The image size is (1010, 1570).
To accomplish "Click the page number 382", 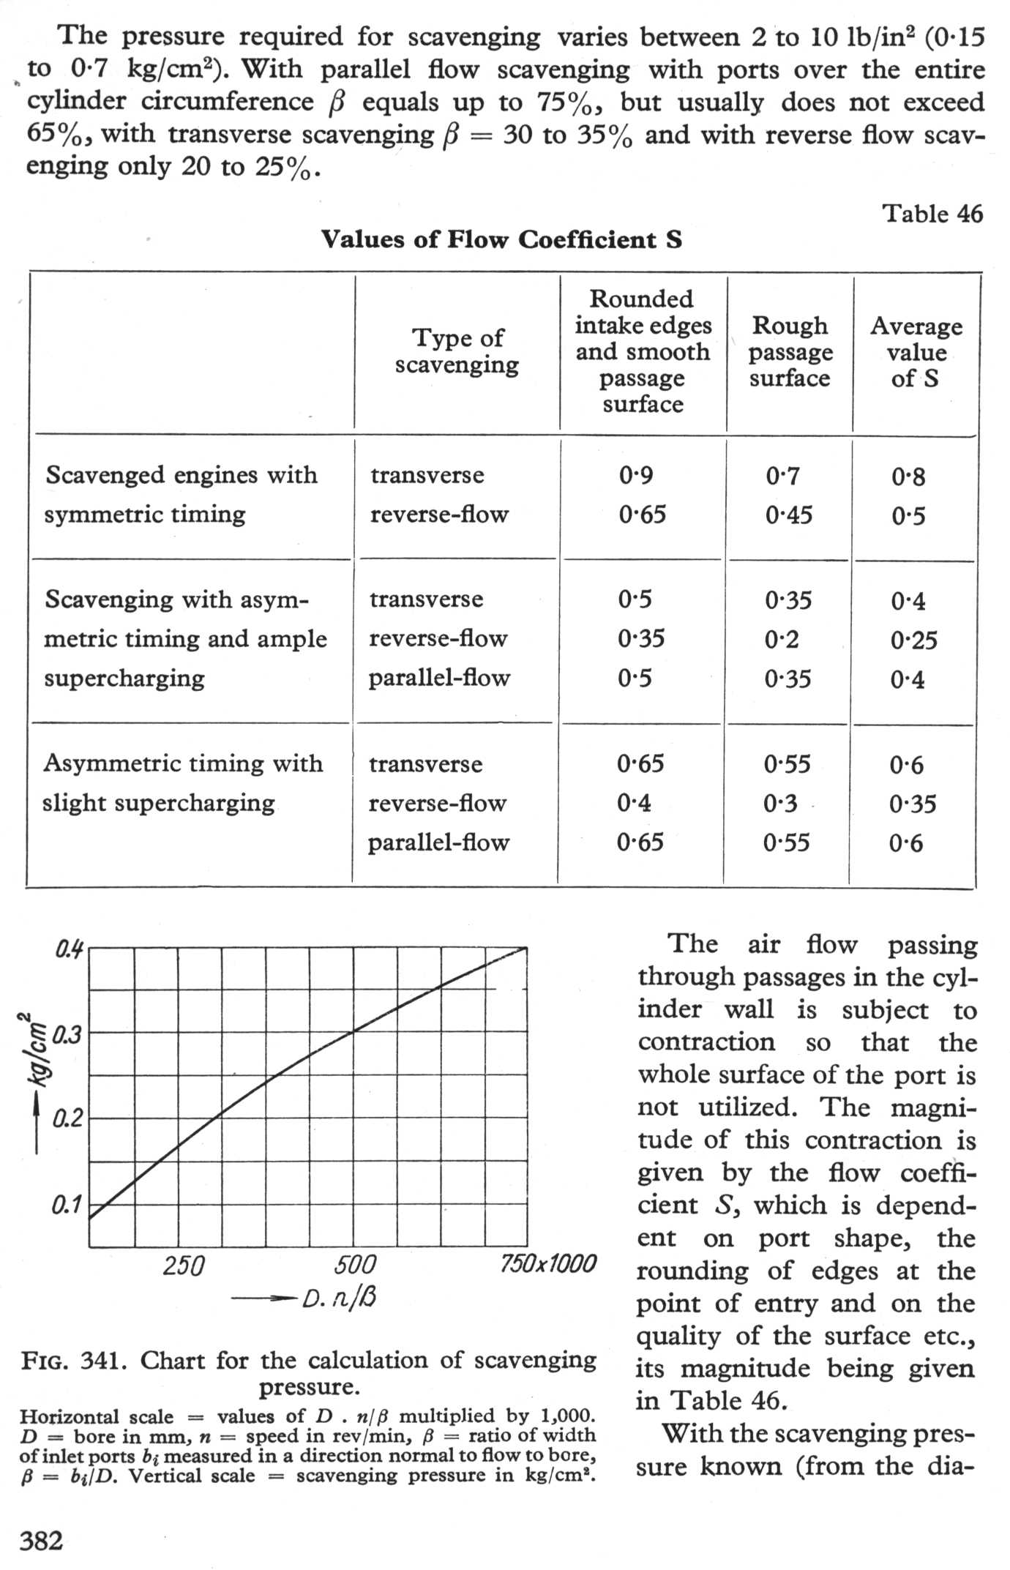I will point(41,1540).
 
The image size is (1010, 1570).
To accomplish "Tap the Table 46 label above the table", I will point(932,214).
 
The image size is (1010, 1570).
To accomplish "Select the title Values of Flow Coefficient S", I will point(501,239).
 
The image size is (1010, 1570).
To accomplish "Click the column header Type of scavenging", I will point(457,351).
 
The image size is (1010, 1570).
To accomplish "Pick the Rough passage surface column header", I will point(790,351).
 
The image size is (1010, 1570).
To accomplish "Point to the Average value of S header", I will point(916,352).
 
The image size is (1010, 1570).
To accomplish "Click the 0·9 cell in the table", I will point(635,476).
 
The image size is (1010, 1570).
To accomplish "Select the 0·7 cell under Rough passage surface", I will point(782,476).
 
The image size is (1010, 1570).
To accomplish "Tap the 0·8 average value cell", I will point(908,477).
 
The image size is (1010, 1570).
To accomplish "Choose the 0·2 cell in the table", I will point(782,640).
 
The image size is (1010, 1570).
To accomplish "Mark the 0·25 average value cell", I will point(913,640).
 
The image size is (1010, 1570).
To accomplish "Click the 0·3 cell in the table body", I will point(780,804).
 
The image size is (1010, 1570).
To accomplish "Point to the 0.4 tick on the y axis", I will point(70,950).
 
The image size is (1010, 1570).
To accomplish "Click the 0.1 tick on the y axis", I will point(67,1205).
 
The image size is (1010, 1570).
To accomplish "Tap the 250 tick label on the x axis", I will point(183,1265).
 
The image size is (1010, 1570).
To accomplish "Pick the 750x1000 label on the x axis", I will point(548,1263).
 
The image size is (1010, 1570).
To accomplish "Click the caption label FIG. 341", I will point(75,1361).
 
